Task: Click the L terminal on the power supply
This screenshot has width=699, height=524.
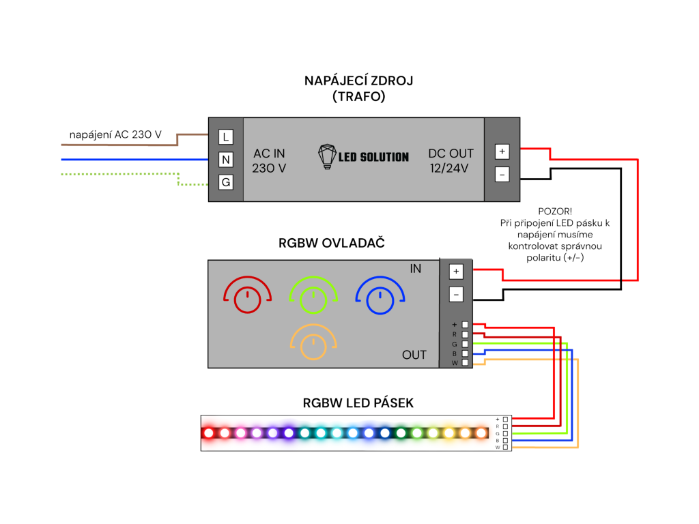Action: point(225,136)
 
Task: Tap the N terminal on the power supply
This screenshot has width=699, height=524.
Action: point(225,160)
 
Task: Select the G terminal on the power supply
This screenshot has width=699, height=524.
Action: point(225,182)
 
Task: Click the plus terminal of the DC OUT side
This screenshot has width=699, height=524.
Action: point(502,151)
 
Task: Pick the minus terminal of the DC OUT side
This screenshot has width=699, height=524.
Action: point(502,174)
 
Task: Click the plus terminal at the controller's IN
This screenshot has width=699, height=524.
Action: point(456,272)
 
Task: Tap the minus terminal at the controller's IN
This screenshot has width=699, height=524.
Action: point(456,294)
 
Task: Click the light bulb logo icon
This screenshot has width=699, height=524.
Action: point(327,156)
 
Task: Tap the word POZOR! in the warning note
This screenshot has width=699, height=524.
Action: point(555,212)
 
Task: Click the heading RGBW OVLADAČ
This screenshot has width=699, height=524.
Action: point(331,244)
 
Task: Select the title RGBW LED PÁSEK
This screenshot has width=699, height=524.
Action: point(358,403)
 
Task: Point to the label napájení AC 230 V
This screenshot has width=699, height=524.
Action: point(115,134)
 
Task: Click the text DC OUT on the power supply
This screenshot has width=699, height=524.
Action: point(451,154)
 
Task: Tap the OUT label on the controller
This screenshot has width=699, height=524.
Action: point(414,355)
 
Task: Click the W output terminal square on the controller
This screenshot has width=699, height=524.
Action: point(465,363)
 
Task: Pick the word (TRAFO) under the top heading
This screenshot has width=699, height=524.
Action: point(358,97)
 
